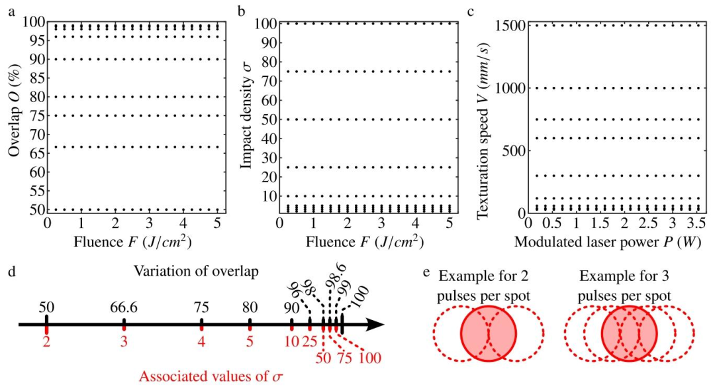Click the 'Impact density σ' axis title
[247, 116]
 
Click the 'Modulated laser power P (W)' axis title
[608, 242]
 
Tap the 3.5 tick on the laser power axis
[696, 223]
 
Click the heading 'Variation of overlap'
[196, 271]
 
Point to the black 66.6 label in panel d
[124, 307]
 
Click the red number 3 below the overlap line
[124, 341]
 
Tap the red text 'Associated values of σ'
[211, 377]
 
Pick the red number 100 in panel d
[370, 358]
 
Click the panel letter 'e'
[426, 272]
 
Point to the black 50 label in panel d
[46, 307]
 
